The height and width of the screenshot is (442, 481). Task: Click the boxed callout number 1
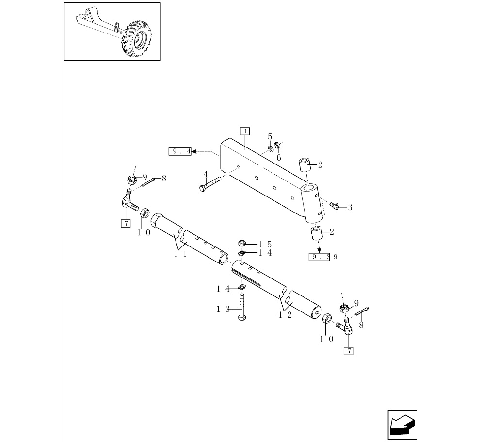(245, 131)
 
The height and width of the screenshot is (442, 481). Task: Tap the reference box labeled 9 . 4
(179, 152)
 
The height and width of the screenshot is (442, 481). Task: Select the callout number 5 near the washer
(270, 137)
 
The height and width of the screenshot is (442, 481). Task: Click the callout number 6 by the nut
(279, 157)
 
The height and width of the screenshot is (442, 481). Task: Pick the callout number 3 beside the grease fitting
(350, 207)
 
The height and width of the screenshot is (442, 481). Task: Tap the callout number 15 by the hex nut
(265, 244)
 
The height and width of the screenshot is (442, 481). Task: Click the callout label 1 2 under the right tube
(285, 315)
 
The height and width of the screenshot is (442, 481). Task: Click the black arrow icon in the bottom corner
(402, 425)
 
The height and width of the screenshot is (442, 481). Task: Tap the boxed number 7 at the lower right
(349, 351)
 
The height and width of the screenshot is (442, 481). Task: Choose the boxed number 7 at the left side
(126, 223)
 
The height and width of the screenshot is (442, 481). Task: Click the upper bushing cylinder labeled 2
(304, 164)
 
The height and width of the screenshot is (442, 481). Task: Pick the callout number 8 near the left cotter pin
(164, 178)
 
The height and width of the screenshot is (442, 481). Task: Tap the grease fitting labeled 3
(334, 206)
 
